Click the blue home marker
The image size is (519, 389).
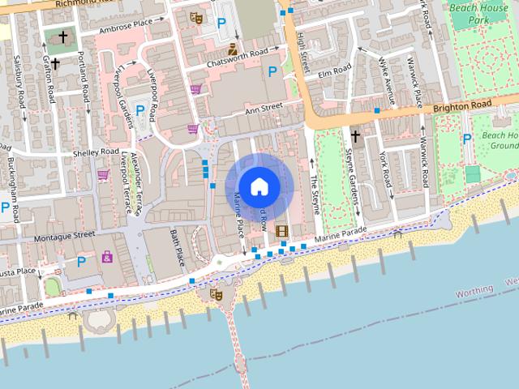click(x=259, y=186)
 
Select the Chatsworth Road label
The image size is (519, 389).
click(x=237, y=54)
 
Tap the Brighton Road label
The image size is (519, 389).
click(x=461, y=105)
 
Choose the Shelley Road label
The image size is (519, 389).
click(x=96, y=152)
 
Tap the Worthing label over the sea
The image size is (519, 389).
click(x=474, y=290)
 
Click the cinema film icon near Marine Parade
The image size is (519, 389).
click(x=281, y=231)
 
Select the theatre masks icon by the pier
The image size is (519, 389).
click(x=216, y=294)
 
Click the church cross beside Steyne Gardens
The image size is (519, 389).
click(x=355, y=135)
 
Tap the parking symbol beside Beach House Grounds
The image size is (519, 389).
click(x=466, y=139)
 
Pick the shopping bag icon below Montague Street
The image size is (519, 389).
click(x=107, y=257)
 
